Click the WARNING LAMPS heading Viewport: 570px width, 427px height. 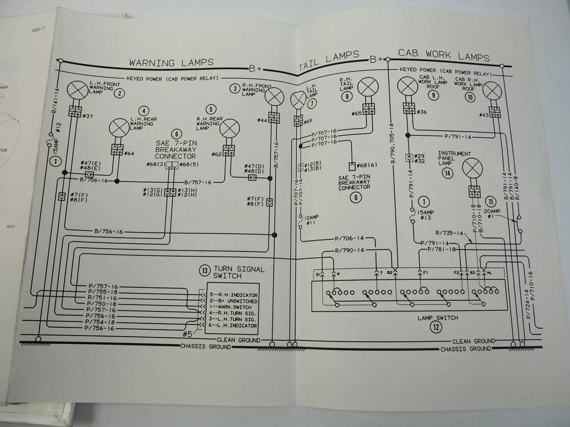click(x=171, y=63)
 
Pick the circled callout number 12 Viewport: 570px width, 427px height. click(x=437, y=328)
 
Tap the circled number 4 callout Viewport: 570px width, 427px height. click(x=143, y=111)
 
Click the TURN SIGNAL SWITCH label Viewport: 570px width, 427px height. click(x=239, y=272)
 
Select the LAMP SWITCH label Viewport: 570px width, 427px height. click(x=437, y=318)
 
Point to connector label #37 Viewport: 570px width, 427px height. click(x=88, y=117)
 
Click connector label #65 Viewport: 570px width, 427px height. click(x=357, y=114)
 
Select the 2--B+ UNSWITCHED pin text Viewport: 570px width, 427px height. click(x=234, y=301)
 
